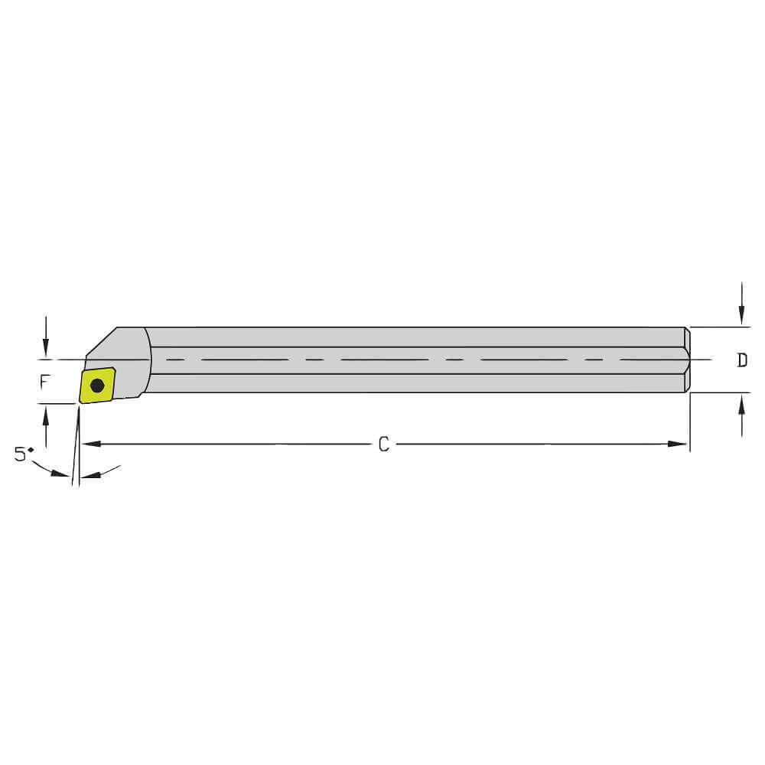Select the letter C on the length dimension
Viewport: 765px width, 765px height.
coord(384,444)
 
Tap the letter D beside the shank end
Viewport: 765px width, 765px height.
coord(741,360)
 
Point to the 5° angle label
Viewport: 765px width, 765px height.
coord(24,454)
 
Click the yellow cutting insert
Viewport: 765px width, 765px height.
coord(97,386)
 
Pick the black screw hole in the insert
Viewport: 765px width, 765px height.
coord(97,386)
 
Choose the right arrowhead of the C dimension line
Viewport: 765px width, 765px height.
coord(679,444)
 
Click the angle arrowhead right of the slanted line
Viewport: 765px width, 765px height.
coord(90,475)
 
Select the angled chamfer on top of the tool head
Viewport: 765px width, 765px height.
coord(101,341)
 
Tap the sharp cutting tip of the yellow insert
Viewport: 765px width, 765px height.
coord(81,402)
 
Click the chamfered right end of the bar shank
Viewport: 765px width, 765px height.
coord(687,360)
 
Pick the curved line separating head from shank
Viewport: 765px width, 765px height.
coord(148,360)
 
